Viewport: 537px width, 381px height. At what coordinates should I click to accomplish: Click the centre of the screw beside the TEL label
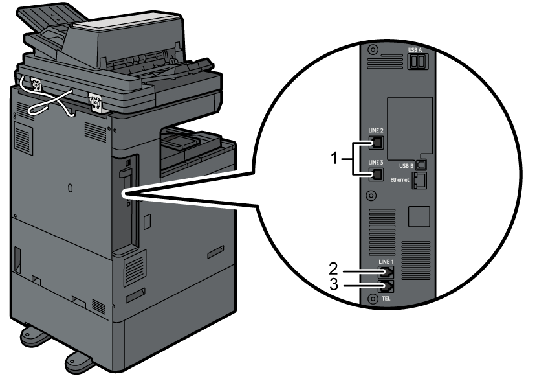(x=373, y=299)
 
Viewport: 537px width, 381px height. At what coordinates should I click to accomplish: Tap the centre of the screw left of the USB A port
(x=373, y=50)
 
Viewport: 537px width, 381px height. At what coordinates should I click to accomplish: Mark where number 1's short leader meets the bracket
(x=353, y=159)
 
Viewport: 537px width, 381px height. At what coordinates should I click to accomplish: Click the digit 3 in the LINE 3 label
(x=381, y=162)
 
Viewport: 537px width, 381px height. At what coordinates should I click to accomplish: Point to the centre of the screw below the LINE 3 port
(x=371, y=196)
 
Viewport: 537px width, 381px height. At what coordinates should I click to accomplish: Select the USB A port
(x=418, y=62)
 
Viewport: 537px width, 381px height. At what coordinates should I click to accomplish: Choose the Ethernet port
(x=419, y=180)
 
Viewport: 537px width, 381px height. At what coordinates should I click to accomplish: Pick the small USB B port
(x=421, y=165)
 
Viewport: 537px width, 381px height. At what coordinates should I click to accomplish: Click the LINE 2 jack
(x=377, y=143)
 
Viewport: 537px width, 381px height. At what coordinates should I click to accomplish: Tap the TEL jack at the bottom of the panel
(x=386, y=286)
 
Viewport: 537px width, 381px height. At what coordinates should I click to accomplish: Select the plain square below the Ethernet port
(x=419, y=216)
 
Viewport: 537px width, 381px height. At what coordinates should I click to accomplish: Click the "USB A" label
(x=415, y=50)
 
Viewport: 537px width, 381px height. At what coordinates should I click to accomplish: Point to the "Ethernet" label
(x=400, y=179)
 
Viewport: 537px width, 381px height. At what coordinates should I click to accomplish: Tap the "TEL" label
(x=386, y=299)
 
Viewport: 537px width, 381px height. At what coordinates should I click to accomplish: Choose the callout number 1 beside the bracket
(x=334, y=159)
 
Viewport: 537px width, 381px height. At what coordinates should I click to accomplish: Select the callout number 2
(x=334, y=269)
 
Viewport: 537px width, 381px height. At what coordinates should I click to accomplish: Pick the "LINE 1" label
(x=386, y=262)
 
